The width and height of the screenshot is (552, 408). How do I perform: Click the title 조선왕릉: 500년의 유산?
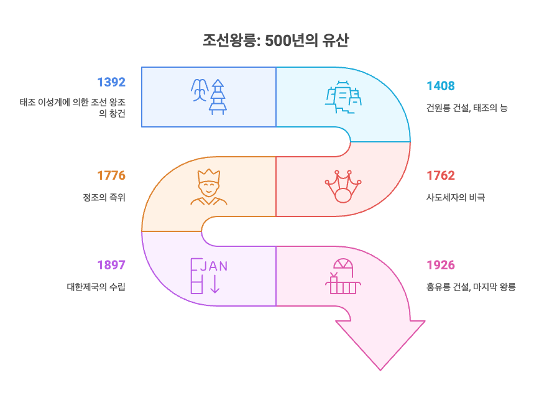coord(275,41)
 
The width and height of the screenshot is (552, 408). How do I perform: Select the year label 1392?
coord(111,82)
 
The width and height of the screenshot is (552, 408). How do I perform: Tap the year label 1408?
coord(440,86)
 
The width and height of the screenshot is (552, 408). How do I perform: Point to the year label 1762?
coord(440,175)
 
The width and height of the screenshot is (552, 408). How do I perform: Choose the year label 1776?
coord(111,175)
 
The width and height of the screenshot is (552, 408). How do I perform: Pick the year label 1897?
coord(111,265)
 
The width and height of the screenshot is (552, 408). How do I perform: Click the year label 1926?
coord(440,265)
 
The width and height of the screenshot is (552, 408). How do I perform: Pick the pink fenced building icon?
coord(343,276)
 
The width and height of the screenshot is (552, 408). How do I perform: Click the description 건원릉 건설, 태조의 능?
coord(467,108)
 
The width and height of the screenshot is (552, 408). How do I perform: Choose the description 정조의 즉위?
coord(104,198)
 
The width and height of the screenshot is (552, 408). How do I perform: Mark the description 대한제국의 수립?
coord(96,287)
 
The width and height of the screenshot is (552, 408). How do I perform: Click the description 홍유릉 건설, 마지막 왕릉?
coord(471,287)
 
